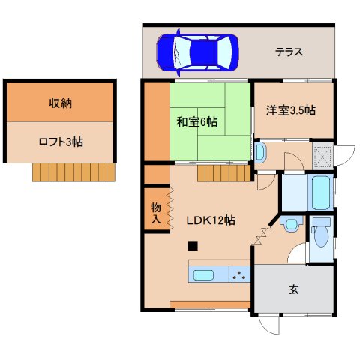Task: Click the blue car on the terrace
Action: (x=197, y=52)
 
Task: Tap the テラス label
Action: (x=289, y=52)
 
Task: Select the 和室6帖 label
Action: (x=197, y=122)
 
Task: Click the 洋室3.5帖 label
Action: (x=291, y=110)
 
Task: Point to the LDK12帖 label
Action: (x=211, y=220)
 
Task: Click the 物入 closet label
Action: (x=156, y=213)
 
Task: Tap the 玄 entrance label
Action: (x=294, y=289)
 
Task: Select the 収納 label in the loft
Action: (x=60, y=103)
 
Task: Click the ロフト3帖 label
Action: (x=61, y=142)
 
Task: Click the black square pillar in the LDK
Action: (x=193, y=246)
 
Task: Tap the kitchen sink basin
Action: (x=203, y=275)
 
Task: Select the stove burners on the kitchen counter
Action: (x=239, y=274)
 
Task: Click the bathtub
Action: (x=320, y=193)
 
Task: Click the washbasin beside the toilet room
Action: (x=291, y=223)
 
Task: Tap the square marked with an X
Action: (x=322, y=156)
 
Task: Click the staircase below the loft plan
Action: (x=73, y=172)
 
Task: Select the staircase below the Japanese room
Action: (x=224, y=173)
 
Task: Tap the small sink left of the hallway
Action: (x=260, y=152)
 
